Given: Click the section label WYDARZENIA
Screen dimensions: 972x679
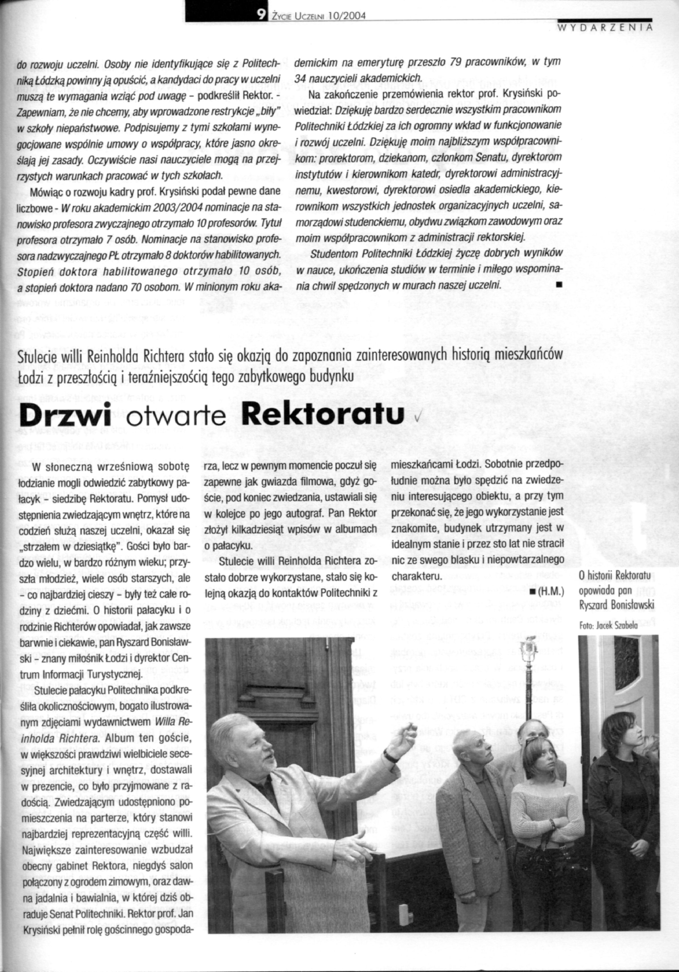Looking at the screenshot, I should pos(604,29).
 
